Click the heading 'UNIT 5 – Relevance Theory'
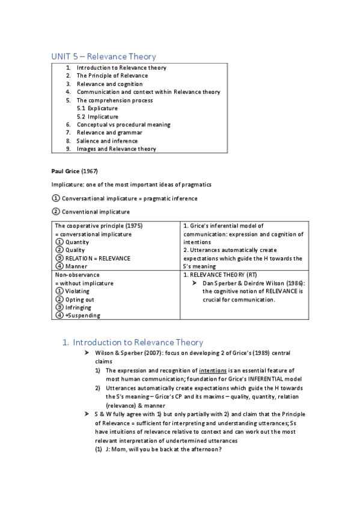click(x=103, y=57)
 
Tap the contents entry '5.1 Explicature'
click(x=97, y=108)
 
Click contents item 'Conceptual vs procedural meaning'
click(x=123, y=124)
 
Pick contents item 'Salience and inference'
click(x=107, y=141)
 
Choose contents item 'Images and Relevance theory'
click(x=116, y=149)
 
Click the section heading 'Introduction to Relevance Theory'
click(x=138, y=342)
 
